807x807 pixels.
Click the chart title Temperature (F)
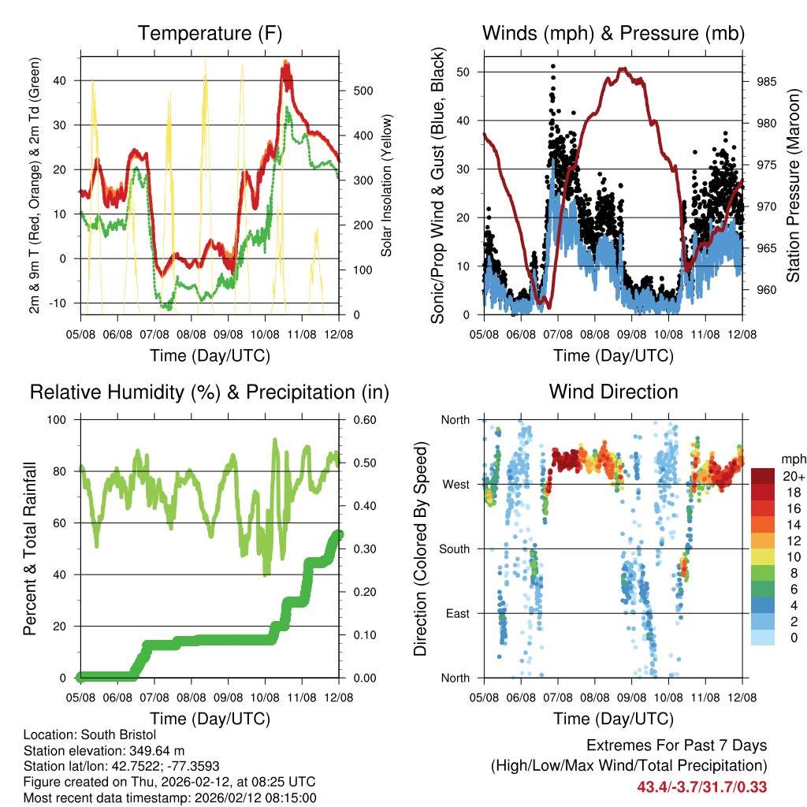point(210,33)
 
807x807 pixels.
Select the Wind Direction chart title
point(613,392)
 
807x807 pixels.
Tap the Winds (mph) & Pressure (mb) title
point(613,33)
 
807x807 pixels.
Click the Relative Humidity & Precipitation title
point(210,392)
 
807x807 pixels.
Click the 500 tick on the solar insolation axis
point(361,91)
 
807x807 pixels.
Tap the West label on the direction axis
point(456,485)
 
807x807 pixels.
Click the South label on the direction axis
point(454,549)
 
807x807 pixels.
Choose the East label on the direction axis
point(456,614)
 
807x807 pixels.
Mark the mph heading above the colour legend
point(792,459)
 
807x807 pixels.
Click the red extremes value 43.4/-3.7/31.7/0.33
point(702,787)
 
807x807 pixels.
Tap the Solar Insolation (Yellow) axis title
point(387,184)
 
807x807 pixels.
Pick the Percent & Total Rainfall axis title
point(31,549)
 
